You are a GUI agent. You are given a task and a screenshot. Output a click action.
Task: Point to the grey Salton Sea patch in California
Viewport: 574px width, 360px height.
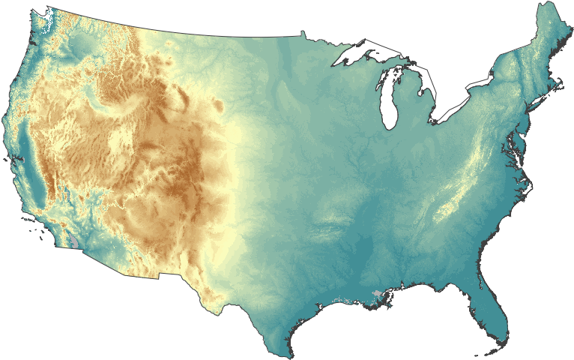click(x=79, y=244)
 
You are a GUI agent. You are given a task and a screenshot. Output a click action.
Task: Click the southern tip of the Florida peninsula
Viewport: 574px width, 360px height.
click(x=495, y=339)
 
